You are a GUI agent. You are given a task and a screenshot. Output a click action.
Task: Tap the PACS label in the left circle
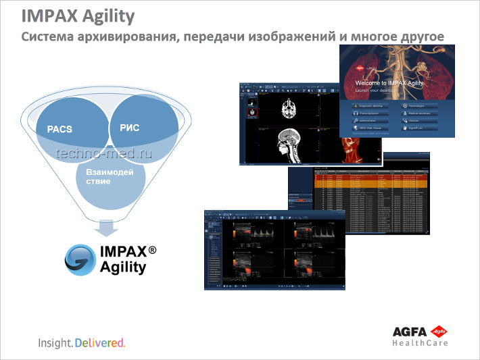pos(59,128)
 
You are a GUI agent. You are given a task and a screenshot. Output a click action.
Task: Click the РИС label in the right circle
pos(128,127)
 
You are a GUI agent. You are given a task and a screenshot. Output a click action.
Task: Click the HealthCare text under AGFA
pos(420,343)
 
